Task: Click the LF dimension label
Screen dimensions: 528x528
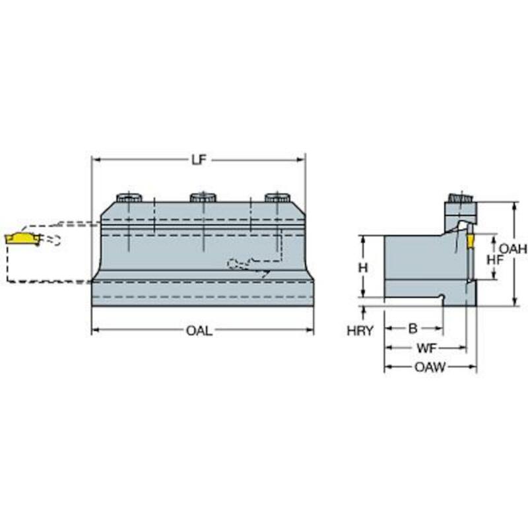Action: coord(199,160)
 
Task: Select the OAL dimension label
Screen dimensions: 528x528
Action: coord(199,331)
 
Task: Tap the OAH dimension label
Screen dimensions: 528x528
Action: coord(513,249)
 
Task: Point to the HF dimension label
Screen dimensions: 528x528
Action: coord(496,259)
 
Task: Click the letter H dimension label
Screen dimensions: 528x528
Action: coord(362,268)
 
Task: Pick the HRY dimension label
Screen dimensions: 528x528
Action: coord(360,331)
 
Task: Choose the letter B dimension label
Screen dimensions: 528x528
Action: coord(413,328)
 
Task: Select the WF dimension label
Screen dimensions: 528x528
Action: coord(426,348)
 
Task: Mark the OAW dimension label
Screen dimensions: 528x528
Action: coord(430,367)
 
